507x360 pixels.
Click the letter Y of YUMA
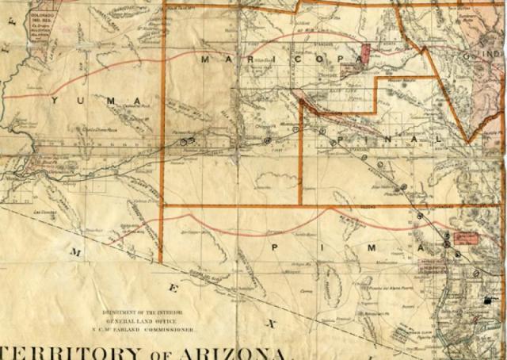coord(55,101)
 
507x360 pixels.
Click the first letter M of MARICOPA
coord(205,59)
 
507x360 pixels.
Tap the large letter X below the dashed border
coord(272,324)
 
